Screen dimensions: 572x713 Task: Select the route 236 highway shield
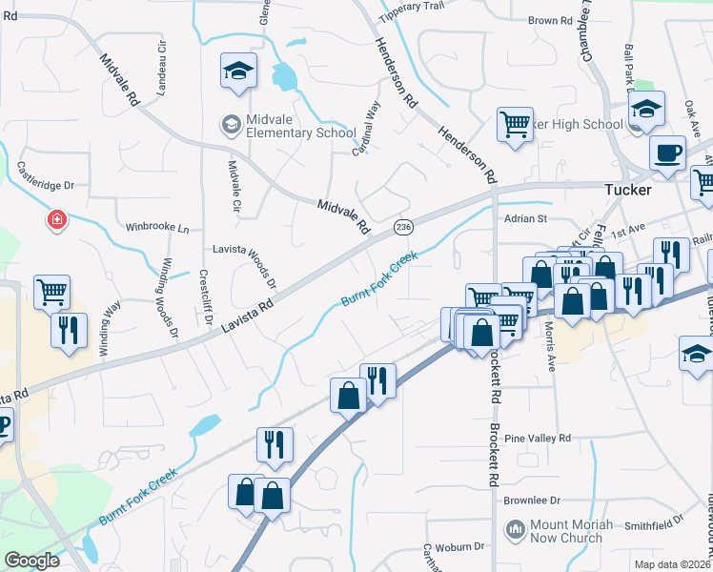403,226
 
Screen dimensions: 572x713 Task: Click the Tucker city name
628,190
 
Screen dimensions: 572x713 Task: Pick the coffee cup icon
667,153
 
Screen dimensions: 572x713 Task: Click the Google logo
32,561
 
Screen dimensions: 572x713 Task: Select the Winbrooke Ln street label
157,229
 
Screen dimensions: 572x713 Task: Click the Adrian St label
524,218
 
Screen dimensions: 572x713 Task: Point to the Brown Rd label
550,20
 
